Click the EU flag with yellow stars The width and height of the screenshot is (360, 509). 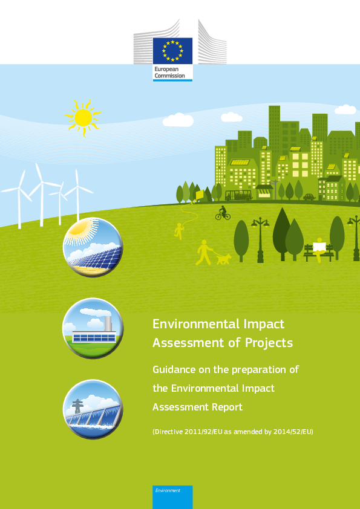point(172,51)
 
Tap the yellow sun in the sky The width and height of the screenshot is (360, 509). point(83,117)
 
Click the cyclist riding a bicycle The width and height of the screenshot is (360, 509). point(223,213)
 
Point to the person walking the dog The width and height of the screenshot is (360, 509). point(204,252)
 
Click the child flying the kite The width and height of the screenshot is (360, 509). point(178,231)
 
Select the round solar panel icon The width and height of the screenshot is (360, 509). point(93,247)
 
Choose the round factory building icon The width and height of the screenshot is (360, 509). point(93,328)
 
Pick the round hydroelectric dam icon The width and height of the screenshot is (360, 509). point(93,409)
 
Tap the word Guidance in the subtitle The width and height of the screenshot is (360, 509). point(174,370)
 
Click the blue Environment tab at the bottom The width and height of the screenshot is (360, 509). point(172,497)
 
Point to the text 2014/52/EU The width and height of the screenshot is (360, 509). point(292,432)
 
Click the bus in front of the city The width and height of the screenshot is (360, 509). point(239,195)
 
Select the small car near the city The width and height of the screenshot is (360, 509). point(309,196)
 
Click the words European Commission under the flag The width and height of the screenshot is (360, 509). point(169,73)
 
